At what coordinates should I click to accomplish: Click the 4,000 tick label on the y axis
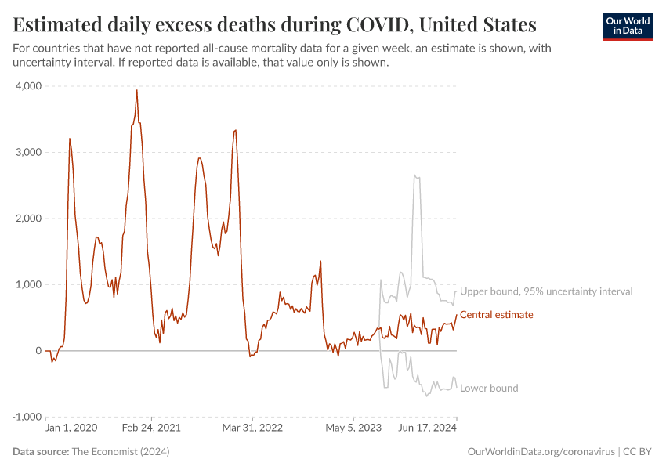coord(28,85)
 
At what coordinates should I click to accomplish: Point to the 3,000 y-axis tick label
coord(28,152)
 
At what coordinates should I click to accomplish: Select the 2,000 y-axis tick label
coord(28,218)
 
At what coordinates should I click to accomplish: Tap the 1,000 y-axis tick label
coord(28,284)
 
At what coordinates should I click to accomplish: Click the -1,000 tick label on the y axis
coord(26,417)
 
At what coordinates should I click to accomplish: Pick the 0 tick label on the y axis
coord(38,350)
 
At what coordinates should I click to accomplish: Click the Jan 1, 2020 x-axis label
coord(71,428)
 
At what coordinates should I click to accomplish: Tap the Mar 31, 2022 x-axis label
coord(252,428)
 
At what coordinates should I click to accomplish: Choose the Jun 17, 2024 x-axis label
coord(428,428)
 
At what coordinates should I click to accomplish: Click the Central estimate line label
coord(496,315)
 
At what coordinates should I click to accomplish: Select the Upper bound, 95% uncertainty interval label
coord(545,291)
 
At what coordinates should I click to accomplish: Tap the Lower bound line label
coord(488,388)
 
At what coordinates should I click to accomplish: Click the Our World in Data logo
coord(628,26)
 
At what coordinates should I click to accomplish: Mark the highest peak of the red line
coord(137,90)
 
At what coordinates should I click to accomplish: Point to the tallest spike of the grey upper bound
coord(414,175)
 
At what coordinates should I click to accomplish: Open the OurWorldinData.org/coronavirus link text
coord(540,452)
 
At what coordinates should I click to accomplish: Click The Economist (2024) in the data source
coord(120,452)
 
